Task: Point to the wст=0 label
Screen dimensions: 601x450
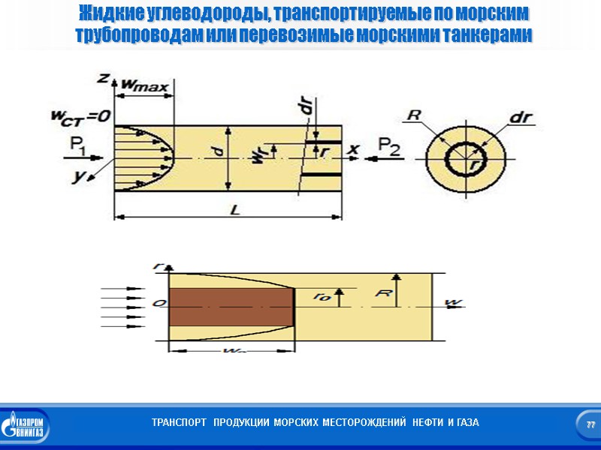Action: pos(81,115)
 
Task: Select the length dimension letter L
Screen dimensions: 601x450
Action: pos(234,210)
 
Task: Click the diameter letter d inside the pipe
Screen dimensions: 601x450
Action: pos(219,152)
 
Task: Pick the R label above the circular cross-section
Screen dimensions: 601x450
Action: pos(413,115)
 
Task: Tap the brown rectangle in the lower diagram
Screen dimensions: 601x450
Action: pos(231,307)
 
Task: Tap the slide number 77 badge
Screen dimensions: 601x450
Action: pos(590,424)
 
